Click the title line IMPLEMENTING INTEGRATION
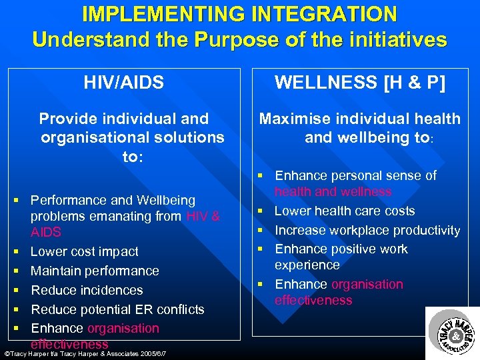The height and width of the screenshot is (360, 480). pos(239,13)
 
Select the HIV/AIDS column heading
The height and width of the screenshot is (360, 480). pos(123,83)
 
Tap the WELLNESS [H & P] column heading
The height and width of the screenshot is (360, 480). pos(360,83)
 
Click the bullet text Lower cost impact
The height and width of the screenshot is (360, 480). pos(85,251)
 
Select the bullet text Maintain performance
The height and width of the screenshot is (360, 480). pos(95,271)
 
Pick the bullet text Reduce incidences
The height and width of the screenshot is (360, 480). pos(87,290)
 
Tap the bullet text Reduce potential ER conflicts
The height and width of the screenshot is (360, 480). pos(117,309)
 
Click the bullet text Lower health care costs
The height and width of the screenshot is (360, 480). pos(345,211)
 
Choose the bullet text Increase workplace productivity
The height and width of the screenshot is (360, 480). pos(367,230)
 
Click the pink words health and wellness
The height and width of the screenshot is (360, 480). pos(333,192)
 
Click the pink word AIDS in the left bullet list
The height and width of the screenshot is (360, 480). pos(46,232)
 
